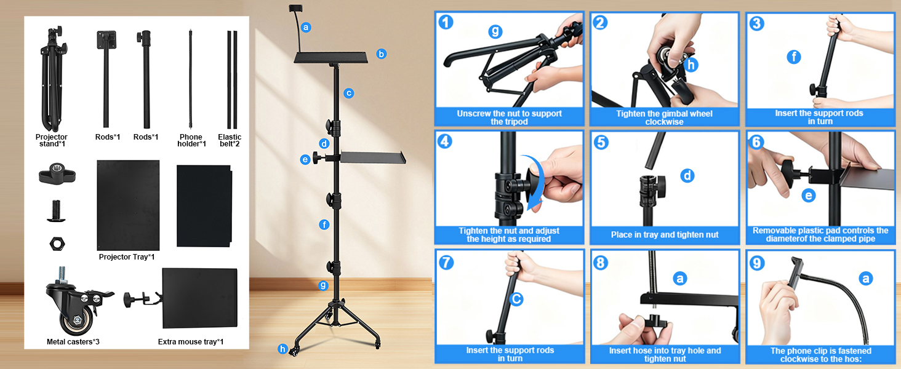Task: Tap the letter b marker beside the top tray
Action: click(382, 54)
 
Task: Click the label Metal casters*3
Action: click(70, 341)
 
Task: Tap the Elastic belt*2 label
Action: click(230, 140)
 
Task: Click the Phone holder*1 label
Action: click(191, 140)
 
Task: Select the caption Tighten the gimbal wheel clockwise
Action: click(664, 117)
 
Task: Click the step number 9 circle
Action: click(757, 263)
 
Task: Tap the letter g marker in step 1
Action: click(495, 32)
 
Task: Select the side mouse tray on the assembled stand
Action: click(369, 157)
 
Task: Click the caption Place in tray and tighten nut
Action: click(665, 234)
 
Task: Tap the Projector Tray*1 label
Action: click(127, 257)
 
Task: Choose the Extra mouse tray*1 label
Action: click(190, 341)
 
